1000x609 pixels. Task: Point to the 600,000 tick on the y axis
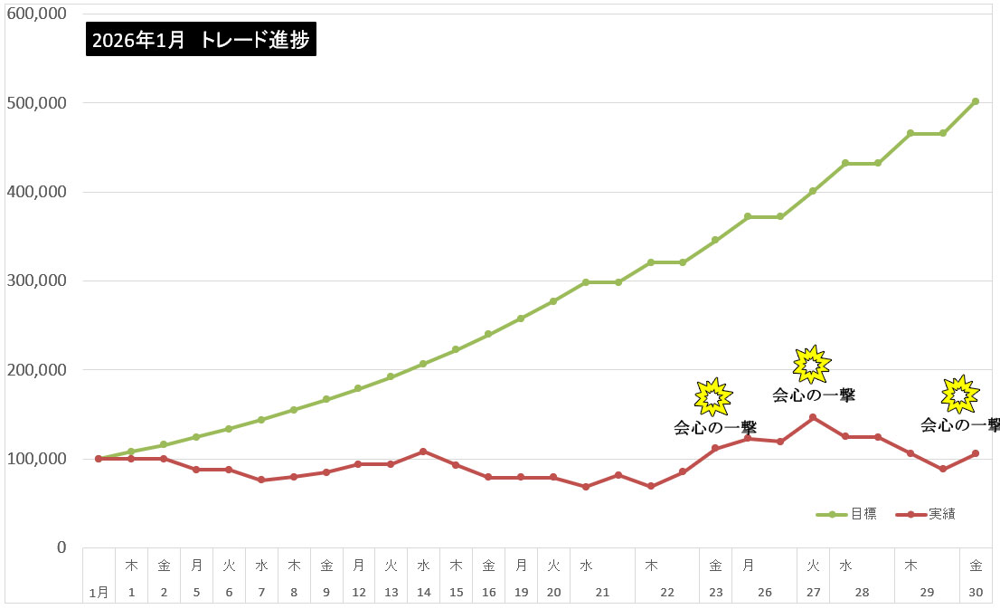[36, 14]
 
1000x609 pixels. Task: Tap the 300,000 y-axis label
[36, 281]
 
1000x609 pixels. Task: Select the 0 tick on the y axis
[61, 547]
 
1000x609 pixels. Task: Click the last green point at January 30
[975, 101]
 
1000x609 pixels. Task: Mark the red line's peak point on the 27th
[813, 417]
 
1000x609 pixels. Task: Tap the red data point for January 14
[423, 452]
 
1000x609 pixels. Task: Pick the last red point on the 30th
[975, 453]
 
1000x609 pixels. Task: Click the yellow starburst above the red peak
[811, 364]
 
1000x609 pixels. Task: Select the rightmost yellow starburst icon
[959, 394]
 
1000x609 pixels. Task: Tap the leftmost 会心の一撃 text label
[715, 427]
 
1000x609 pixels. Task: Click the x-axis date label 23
[715, 592]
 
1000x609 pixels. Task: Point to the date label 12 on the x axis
[358, 592]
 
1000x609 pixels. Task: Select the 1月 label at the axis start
[99, 592]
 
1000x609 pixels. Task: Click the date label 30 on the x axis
[975, 592]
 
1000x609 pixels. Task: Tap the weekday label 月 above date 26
[748, 566]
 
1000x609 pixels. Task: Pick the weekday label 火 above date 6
[229, 566]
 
